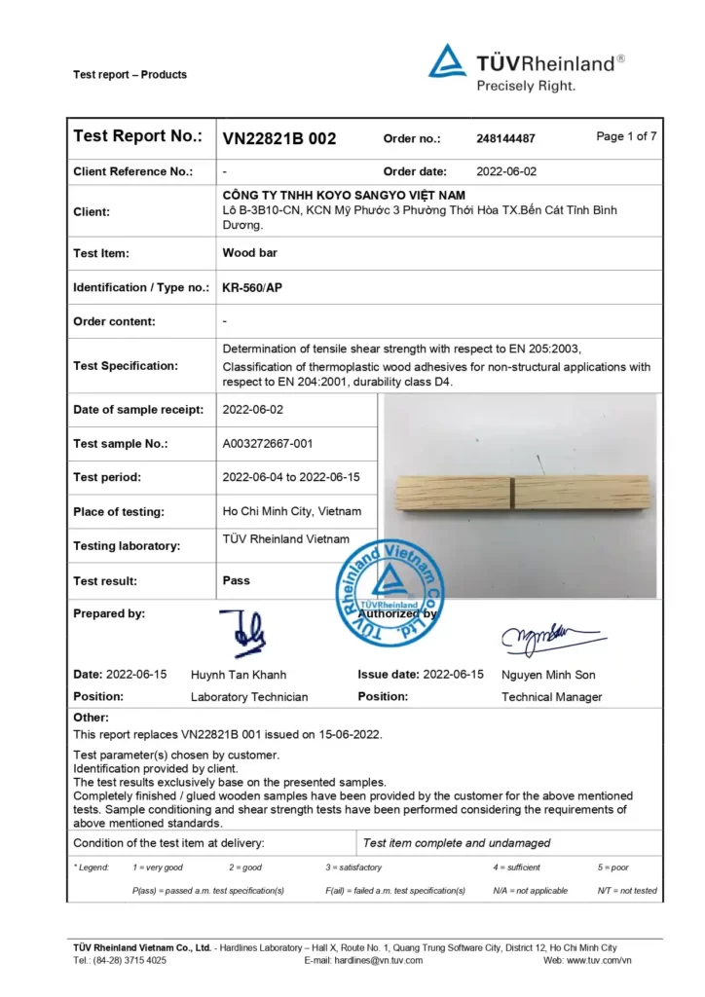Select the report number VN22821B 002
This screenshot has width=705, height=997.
click(279, 138)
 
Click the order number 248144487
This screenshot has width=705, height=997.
click(505, 138)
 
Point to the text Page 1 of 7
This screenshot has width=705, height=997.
click(626, 136)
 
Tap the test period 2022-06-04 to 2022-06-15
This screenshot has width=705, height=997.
click(291, 477)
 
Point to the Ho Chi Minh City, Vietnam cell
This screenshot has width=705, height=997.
click(292, 511)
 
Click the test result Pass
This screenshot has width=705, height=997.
click(237, 580)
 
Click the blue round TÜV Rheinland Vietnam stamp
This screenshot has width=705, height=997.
click(389, 588)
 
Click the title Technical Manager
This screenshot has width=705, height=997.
click(551, 696)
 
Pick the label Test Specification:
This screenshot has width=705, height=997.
click(126, 366)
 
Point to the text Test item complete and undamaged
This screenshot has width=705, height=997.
click(456, 843)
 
